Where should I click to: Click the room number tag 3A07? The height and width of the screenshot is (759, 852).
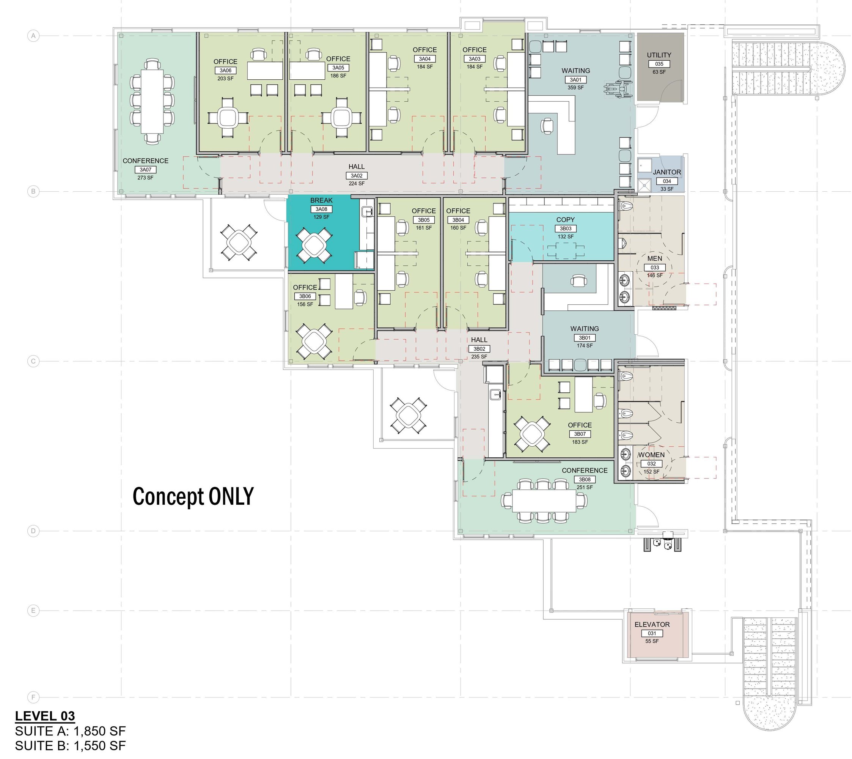pos(145,170)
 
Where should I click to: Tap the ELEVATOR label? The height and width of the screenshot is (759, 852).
pos(652,624)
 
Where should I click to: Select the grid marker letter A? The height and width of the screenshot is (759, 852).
pos(33,36)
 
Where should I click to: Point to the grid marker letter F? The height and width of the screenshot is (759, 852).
pos(33,697)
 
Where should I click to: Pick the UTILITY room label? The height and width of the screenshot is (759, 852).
pos(659,55)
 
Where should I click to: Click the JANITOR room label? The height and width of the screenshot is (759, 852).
pos(667,172)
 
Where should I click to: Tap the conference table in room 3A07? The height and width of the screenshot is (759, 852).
pos(152,101)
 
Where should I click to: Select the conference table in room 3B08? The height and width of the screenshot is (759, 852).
pos(544,501)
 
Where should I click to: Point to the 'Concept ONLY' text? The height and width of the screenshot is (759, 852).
pos(193,496)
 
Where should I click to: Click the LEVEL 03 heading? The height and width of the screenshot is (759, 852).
pos(45,716)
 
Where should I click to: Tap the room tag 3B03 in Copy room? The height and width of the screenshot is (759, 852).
pos(565,228)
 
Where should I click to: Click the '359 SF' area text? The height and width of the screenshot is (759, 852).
pos(575,88)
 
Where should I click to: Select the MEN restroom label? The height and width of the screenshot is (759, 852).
pos(655,258)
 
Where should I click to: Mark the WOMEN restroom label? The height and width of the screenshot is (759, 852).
pos(651,455)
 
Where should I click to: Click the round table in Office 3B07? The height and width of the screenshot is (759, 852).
pos(532,434)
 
